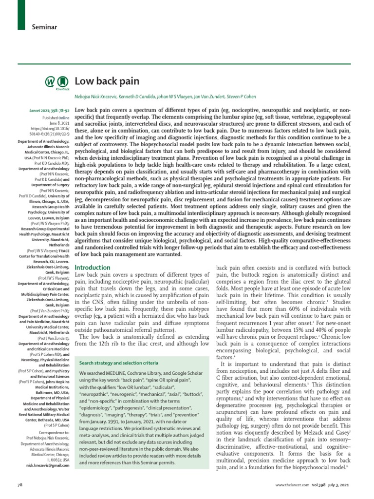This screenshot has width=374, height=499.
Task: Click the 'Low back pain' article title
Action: [x=107, y=81]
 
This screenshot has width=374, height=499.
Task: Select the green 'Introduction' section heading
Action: [x=93, y=268]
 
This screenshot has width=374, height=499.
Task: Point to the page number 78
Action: [x=20, y=487]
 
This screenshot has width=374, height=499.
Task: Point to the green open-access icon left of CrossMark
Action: [x=50, y=82]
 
